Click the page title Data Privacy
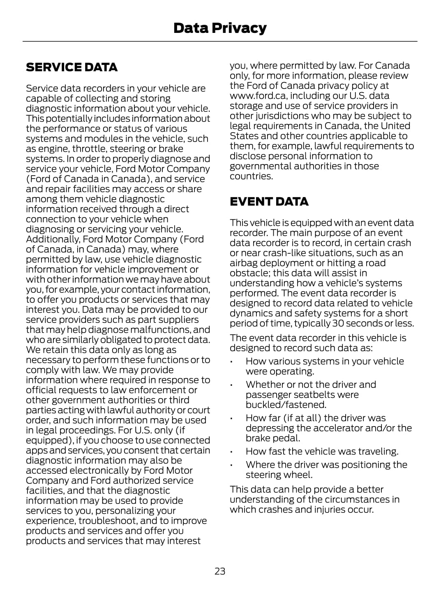pyautogui.click(x=220, y=28)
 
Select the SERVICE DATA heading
pyautogui.click(x=72, y=67)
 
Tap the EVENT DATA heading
pyautogui.click(x=269, y=202)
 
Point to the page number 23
pyautogui.click(x=220, y=571)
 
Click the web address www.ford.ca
pyautogui.click(x=258, y=96)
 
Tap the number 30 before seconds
pyautogui.click(x=339, y=323)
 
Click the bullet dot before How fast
pyautogui.click(x=232, y=452)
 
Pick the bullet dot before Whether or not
pyautogui.click(x=232, y=385)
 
